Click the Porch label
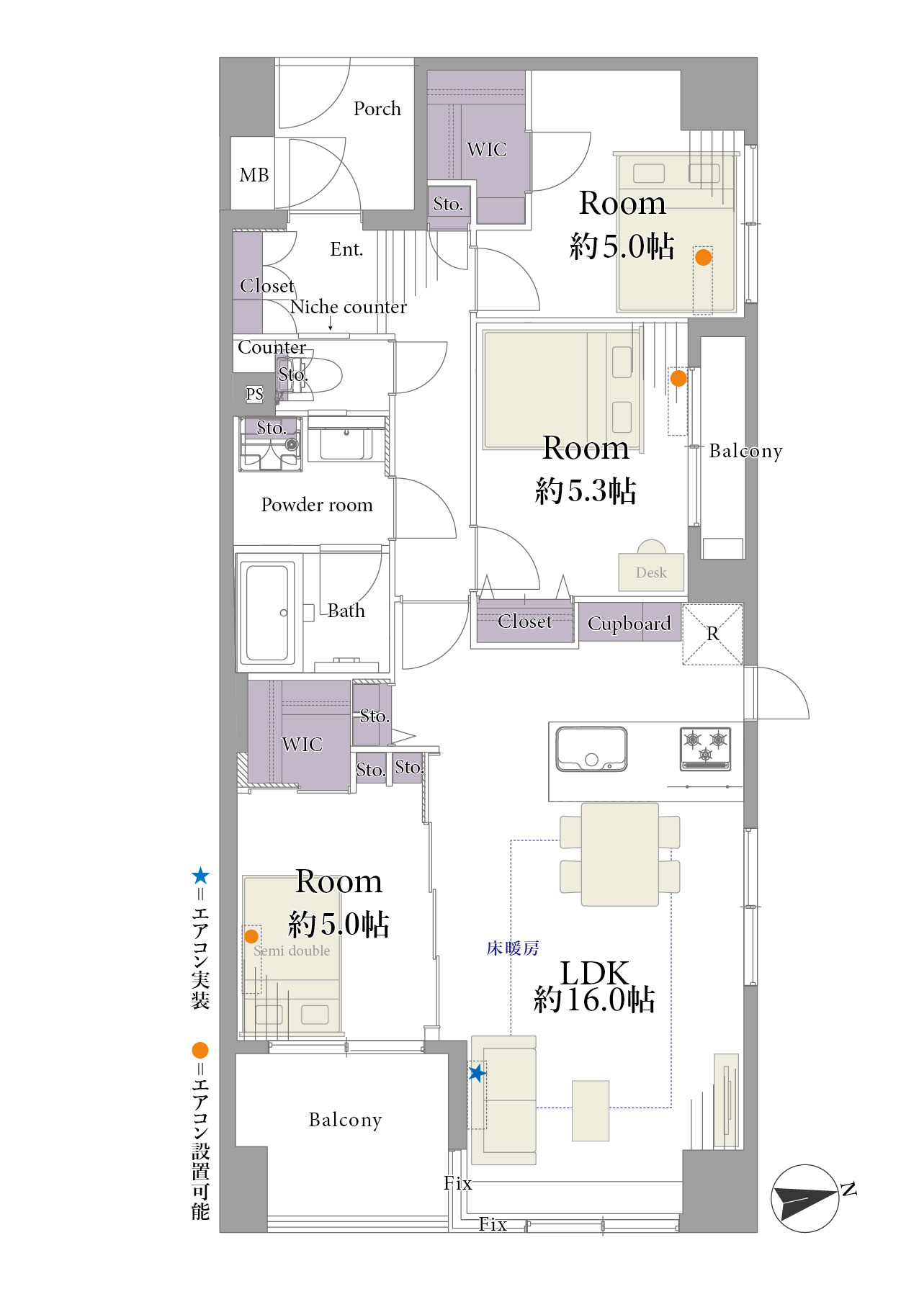[x=377, y=109]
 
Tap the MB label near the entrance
[x=254, y=175]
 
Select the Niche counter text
[x=349, y=307]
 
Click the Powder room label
[x=317, y=505]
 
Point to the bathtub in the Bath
[x=266, y=613]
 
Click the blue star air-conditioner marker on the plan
[x=477, y=1073]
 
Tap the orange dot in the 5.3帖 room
[x=678, y=378]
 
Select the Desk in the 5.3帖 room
[x=651, y=572]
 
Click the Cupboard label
[x=629, y=624]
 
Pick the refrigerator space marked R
[x=712, y=634]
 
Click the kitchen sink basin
[x=591, y=749]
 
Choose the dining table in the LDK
[x=620, y=854]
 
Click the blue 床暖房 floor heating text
[x=513, y=948]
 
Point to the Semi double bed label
[x=292, y=951]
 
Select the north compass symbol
[x=805, y=1198]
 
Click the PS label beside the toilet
[x=254, y=394]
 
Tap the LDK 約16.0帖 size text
[x=594, y=987]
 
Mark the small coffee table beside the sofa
[x=591, y=1110]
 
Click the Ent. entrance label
[x=346, y=249]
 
